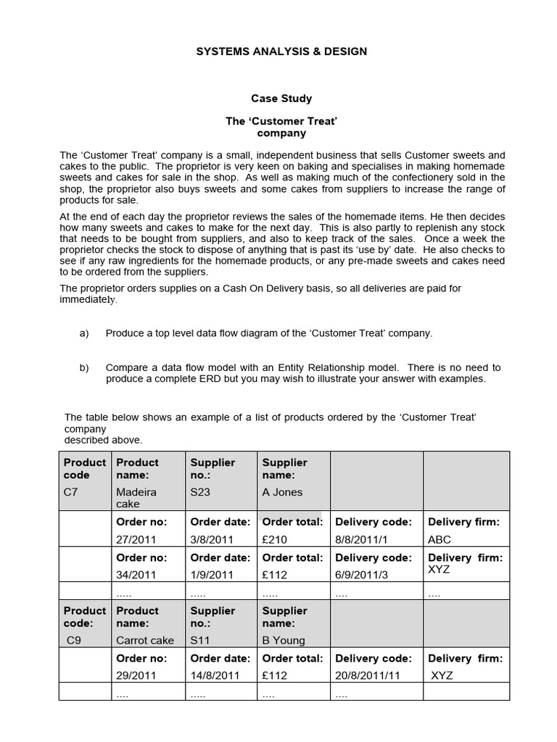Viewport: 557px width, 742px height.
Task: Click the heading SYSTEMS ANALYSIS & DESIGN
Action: (x=281, y=51)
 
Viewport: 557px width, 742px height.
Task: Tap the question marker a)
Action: (x=84, y=333)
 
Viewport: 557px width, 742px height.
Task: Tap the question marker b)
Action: (x=84, y=367)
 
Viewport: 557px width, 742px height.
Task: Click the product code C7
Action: (x=71, y=492)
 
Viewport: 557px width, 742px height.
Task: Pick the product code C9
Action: (x=74, y=640)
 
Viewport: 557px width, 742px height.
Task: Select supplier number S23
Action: (x=200, y=492)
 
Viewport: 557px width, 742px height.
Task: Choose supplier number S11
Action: (x=199, y=640)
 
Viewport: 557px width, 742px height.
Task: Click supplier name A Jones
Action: (x=282, y=492)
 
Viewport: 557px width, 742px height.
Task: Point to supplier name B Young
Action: (x=284, y=640)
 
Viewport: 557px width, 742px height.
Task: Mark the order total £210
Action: (x=275, y=539)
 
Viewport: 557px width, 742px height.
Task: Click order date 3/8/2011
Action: (x=212, y=539)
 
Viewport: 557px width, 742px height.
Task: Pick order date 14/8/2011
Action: (x=215, y=675)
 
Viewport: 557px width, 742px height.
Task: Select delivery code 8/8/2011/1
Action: (x=363, y=539)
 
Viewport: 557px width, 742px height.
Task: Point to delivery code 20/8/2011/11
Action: (x=368, y=675)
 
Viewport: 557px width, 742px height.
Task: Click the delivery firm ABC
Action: (x=440, y=539)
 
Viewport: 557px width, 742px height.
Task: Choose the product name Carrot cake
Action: (x=145, y=640)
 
